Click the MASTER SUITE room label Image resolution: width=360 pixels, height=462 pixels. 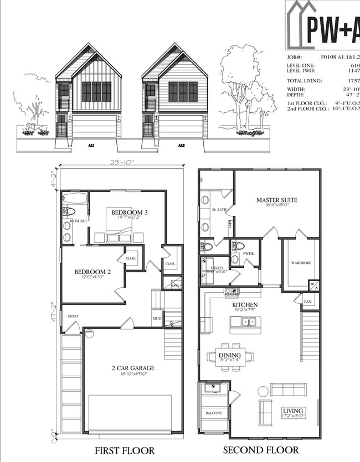[x=277, y=200]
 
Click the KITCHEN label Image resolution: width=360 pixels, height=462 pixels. [x=245, y=305]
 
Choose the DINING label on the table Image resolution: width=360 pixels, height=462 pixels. [x=229, y=355]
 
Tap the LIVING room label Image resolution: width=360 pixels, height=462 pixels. [x=294, y=410]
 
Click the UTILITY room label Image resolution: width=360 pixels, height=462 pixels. [x=217, y=267]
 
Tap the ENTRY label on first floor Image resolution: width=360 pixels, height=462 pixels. [x=73, y=316]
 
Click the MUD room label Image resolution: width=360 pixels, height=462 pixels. [x=157, y=318]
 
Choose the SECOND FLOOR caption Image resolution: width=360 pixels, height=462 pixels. [x=260, y=450]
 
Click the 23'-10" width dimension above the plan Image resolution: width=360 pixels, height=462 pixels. [x=122, y=162]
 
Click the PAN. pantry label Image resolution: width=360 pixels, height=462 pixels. [x=307, y=302]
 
